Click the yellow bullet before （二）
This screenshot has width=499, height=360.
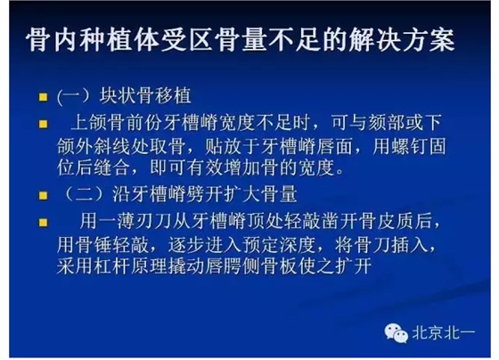pos(42,192)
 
